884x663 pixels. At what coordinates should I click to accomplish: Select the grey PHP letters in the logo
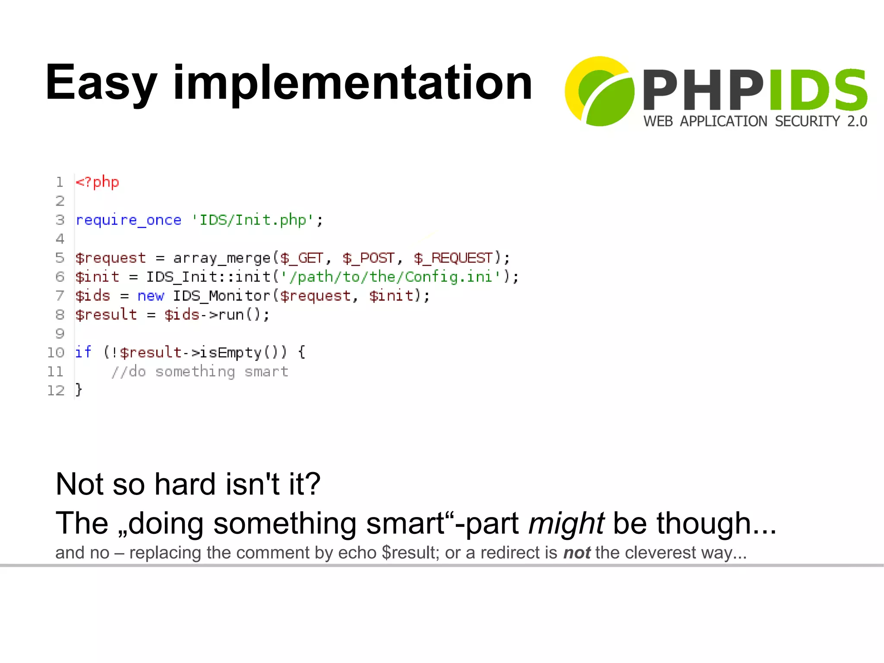703,90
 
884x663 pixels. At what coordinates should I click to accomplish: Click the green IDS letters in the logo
818,90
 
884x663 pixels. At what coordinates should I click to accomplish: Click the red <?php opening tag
97,182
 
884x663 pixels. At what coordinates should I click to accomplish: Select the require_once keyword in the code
129,220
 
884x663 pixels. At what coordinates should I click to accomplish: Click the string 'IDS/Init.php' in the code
252,220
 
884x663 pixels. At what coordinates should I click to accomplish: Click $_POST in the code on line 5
368,258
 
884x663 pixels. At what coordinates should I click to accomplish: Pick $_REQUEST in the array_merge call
453,258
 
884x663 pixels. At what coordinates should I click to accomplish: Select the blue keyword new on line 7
151,296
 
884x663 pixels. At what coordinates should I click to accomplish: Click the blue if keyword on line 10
83,352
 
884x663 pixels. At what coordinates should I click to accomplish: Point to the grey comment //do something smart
200,371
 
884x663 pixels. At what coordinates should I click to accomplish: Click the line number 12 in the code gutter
55,390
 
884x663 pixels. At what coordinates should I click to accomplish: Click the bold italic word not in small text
577,553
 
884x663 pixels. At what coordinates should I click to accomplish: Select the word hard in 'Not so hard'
185,484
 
